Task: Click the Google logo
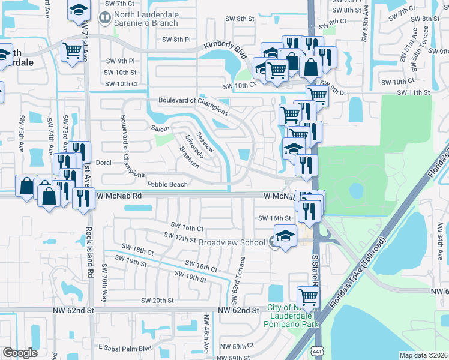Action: pyautogui.click(x=20, y=353)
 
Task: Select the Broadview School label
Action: pyautogui.click(x=232, y=242)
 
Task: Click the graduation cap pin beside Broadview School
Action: pyautogui.click(x=285, y=235)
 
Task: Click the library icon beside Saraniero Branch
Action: pyautogui.click(x=105, y=18)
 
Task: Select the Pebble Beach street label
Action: pyautogui.click(x=167, y=184)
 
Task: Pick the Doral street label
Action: pyautogui.click(x=104, y=163)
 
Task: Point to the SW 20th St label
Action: pyautogui.click(x=157, y=300)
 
